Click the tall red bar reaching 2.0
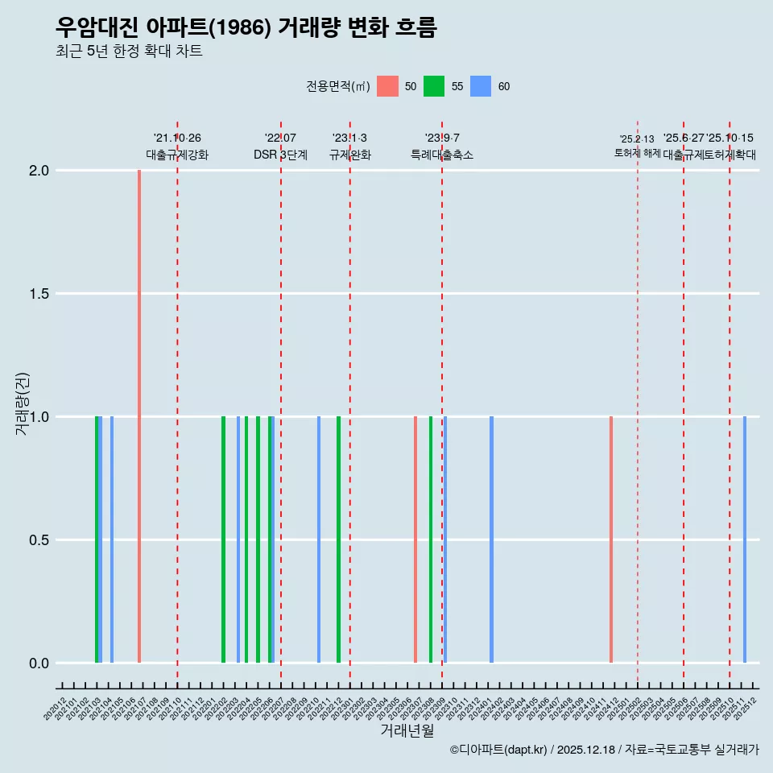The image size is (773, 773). tap(139, 416)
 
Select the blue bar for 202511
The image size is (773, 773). tap(745, 539)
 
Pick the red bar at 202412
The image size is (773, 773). tap(611, 539)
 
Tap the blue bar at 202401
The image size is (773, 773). tap(491, 539)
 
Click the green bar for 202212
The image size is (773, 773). tap(338, 539)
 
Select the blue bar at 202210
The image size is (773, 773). tap(319, 539)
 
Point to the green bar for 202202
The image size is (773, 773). tap(223, 539)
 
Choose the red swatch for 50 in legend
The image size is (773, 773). tap(387, 86)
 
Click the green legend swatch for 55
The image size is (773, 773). tap(434, 86)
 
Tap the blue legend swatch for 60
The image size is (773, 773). tap(481, 86)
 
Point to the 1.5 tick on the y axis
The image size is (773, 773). tap(39, 294)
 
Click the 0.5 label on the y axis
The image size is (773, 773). tap(39, 540)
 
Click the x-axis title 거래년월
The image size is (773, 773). tap(407, 731)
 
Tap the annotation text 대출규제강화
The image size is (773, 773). tap(177, 155)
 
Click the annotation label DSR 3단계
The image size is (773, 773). tap(280, 155)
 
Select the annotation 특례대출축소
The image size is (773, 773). tap(442, 155)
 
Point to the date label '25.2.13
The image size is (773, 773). tap(637, 139)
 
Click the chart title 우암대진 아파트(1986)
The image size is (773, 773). tap(246, 28)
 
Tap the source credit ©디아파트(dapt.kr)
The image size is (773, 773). tap(498, 750)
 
